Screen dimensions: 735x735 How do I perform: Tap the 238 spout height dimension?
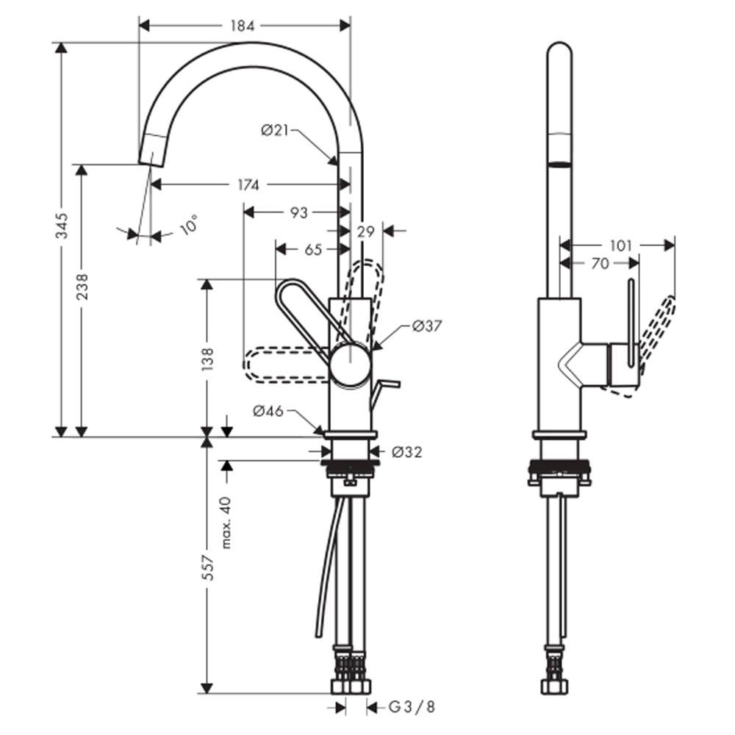82,287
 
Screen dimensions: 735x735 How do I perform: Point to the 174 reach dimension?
248,185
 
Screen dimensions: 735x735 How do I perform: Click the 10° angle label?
188,224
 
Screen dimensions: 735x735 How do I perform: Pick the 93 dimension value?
298,212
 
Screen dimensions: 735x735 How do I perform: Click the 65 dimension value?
313,250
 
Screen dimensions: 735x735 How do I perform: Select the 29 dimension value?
365,232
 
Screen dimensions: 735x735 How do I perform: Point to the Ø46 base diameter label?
268,412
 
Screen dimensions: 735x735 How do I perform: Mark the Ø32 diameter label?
407,452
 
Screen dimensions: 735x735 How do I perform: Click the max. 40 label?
226,522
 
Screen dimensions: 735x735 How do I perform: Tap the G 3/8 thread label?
412,707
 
